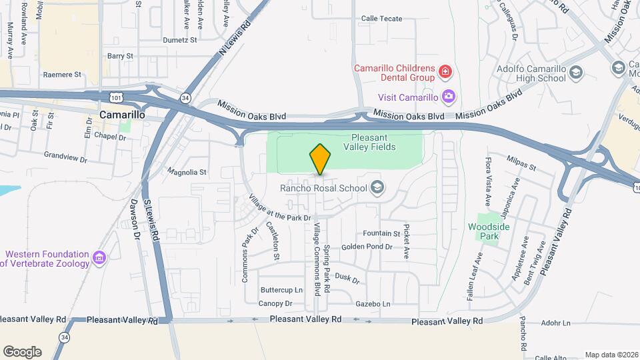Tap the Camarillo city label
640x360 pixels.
(x=122, y=115)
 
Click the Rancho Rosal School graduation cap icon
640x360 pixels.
(x=378, y=187)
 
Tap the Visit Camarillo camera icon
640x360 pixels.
(x=449, y=97)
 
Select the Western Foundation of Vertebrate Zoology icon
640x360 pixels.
(x=99, y=258)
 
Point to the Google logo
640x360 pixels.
(x=23, y=352)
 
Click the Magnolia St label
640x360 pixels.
(x=187, y=171)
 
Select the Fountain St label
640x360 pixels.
(x=381, y=234)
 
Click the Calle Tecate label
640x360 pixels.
(x=381, y=19)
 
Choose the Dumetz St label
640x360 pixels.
(x=181, y=40)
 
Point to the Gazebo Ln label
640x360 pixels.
(x=373, y=303)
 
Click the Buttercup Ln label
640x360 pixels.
(x=281, y=290)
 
